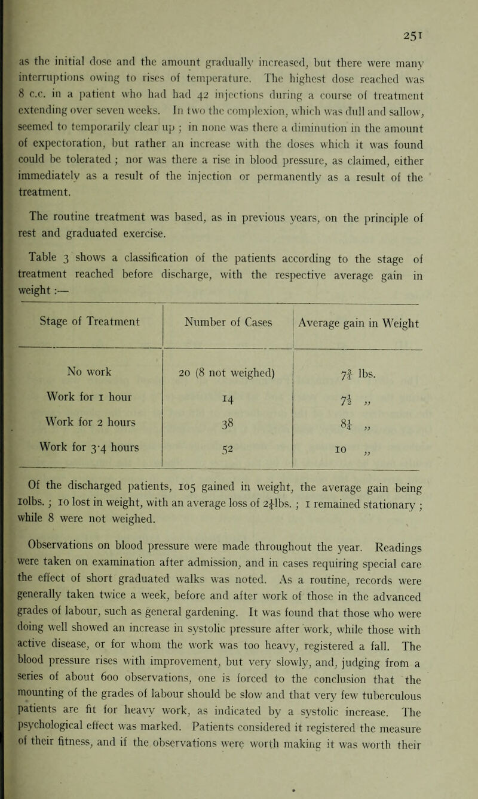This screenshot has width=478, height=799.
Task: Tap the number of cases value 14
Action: pos(228,405)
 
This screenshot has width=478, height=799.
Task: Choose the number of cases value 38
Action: pos(228,431)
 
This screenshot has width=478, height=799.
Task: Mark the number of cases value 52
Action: pos(228,458)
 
